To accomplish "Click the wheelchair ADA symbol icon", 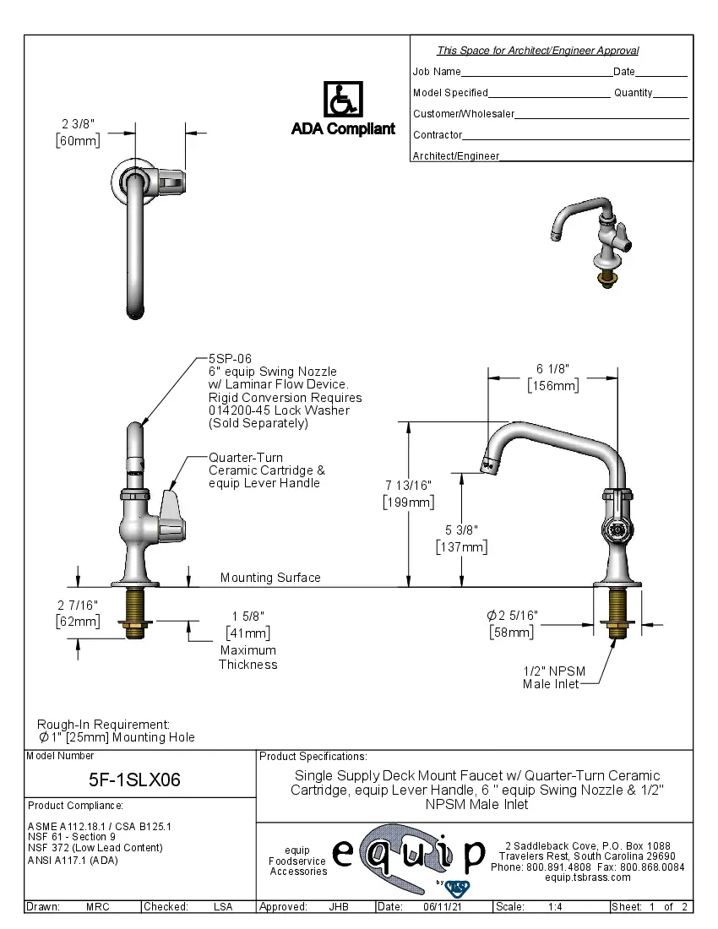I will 343,101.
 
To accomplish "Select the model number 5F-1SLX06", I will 134,780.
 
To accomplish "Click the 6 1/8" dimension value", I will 553,369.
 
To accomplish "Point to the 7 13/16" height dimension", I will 409,485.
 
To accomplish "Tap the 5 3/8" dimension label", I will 462,530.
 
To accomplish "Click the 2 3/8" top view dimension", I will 77,123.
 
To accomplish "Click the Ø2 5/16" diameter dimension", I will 512,615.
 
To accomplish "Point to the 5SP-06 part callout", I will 230,359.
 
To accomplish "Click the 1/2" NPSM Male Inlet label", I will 553,677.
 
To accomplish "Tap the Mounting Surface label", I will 270,578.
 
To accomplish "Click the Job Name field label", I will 437,72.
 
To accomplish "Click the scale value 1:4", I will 556,906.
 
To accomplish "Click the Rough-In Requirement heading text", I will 103,725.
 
